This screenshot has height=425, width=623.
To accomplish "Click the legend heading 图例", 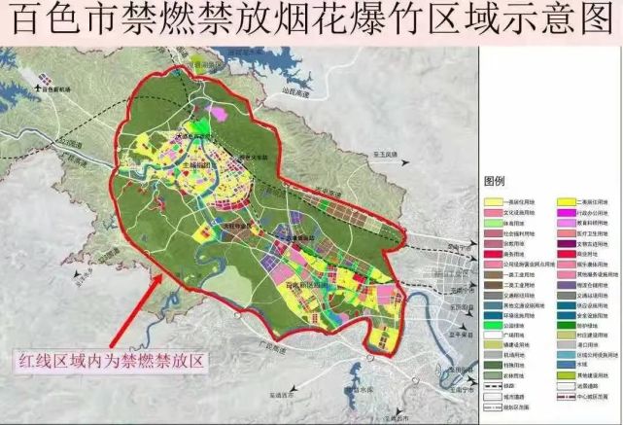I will [x=496, y=182].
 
